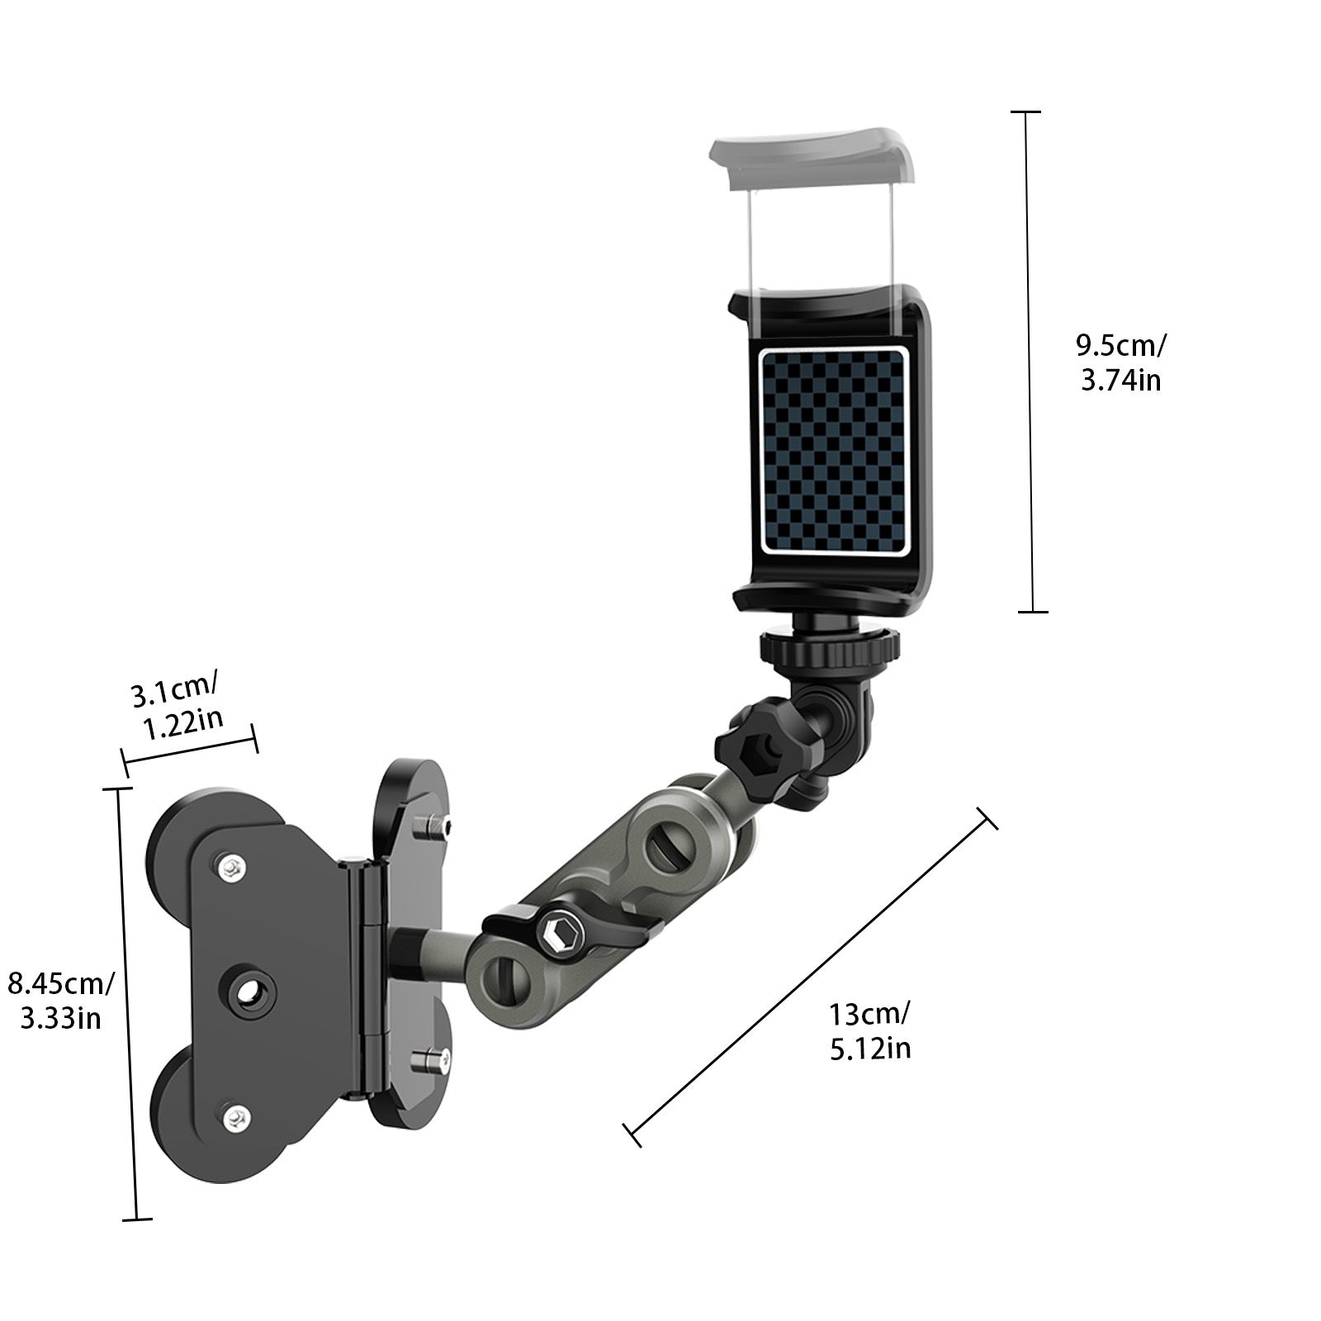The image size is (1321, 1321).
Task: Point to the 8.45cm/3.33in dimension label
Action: (x=60, y=1001)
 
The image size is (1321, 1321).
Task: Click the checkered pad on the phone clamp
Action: (x=834, y=450)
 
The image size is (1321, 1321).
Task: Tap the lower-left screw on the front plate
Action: (x=237, y=1116)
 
